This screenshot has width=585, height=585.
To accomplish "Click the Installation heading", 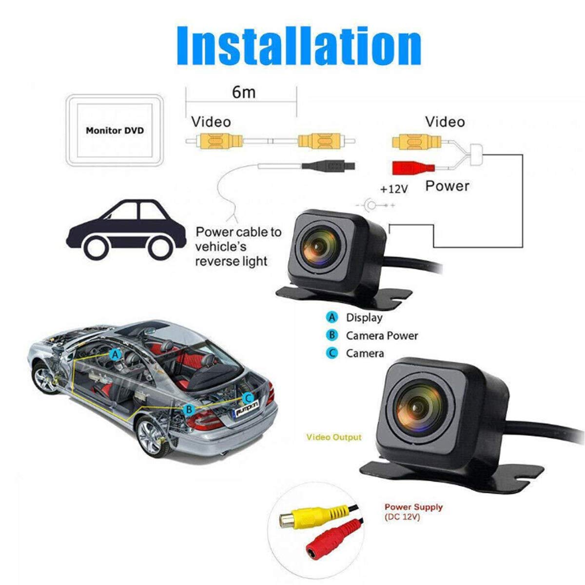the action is pyautogui.click(x=299, y=46).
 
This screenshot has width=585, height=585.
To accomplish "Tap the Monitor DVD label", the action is pyautogui.click(x=115, y=131).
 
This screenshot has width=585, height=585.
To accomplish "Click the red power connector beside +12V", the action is pyautogui.click(x=413, y=168).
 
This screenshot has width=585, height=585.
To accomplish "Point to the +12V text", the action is pyautogui.click(x=394, y=189).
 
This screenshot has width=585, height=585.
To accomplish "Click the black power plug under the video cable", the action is pyautogui.click(x=328, y=166).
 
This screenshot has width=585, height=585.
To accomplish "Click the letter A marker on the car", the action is pyautogui.click(x=115, y=354).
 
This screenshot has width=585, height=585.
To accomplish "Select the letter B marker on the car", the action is pyautogui.click(x=189, y=409).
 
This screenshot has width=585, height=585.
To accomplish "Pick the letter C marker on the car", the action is pyautogui.click(x=248, y=398).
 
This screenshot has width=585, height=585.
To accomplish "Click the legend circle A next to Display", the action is pyautogui.click(x=332, y=317).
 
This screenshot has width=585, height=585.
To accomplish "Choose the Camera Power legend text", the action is pyautogui.click(x=382, y=335).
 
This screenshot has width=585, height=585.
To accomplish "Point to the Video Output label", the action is pyautogui.click(x=334, y=437).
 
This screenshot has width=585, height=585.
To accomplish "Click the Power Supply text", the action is pyautogui.click(x=413, y=507).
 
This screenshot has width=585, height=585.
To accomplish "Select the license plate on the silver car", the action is pyautogui.click(x=247, y=411).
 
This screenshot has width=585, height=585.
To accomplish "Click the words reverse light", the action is pyautogui.click(x=232, y=261).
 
